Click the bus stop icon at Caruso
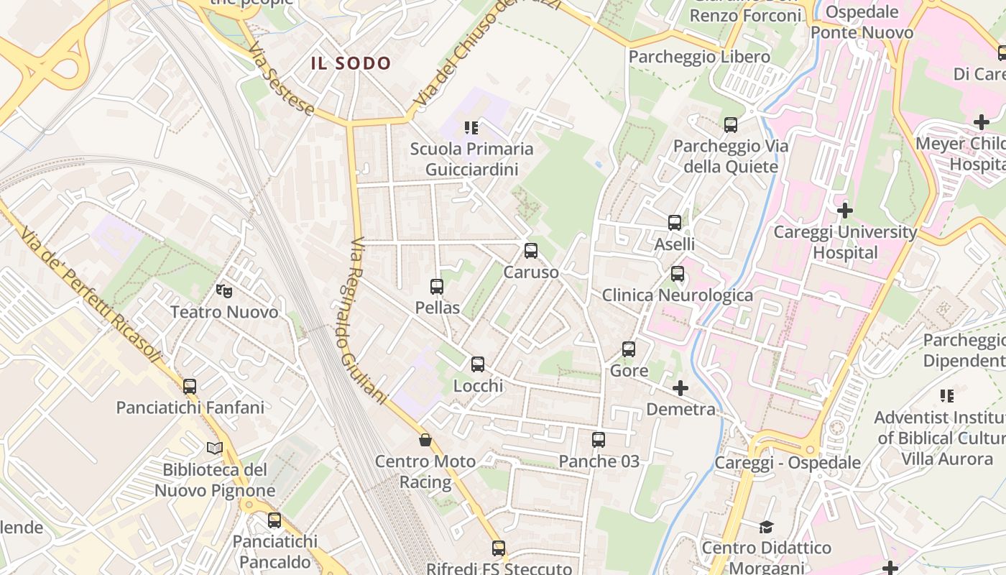(x=531, y=251)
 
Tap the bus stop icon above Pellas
(x=436, y=287)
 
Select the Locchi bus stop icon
(x=478, y=364)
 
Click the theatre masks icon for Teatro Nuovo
(x=224, y=291)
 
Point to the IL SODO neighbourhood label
(x=351, y=63)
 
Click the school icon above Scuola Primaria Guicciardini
(x=471, y=128)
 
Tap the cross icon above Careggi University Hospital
(x=845, y=211)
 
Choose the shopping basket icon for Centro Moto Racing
(x=425, y=440)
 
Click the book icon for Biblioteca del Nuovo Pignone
(x=215, y=448)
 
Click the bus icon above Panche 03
(x=599, y=440)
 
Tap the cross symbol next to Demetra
(x=680, y=389)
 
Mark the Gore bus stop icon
(x=629, y=349)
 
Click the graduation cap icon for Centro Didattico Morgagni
(x=766, y=527)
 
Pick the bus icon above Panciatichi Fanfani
(x=190, y=387)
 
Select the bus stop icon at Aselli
(x=675, y=223)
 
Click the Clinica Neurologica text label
(x=677, y=295)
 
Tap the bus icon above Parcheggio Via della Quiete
(x=731, y=125)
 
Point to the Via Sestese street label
(x=281, y=79)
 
